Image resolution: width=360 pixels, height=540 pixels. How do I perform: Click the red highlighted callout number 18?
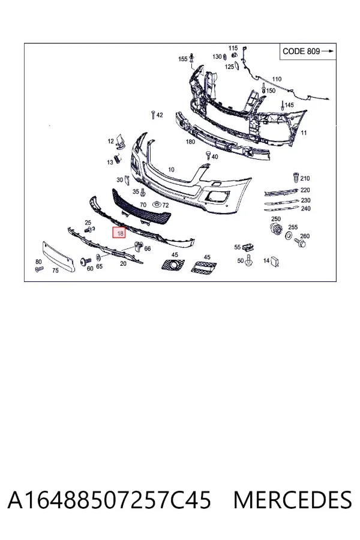tap(119, 233)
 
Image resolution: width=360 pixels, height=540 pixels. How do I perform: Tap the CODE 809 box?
tap(308, 52)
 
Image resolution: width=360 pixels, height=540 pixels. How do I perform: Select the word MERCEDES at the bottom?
tap(293, 500)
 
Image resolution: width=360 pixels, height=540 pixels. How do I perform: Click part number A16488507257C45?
tap(109, 500)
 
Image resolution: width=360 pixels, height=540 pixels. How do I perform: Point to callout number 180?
tap(190, 142)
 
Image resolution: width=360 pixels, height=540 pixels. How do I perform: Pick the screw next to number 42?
tap(153, 115)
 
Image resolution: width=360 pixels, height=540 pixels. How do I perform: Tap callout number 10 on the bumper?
tap(171, 169)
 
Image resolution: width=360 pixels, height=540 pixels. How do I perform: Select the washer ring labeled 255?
tap(289, 236)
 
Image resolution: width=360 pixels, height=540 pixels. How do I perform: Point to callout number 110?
tap(277, 79)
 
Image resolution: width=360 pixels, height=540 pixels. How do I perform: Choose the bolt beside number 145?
tap(283, 104)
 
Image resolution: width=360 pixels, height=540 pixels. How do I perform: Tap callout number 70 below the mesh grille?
tap(143, 205)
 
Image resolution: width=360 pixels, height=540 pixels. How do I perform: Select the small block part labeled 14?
tap(275, 262)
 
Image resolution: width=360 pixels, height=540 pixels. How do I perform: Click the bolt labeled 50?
tap(248, 260)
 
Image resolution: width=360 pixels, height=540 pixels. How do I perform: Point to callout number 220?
tap(305, 190)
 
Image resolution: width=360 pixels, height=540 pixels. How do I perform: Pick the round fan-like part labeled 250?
tap(276, 229)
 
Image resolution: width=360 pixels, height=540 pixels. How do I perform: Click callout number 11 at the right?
tap(304, 133)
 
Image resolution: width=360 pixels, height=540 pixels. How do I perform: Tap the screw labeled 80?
tap(39, 269)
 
